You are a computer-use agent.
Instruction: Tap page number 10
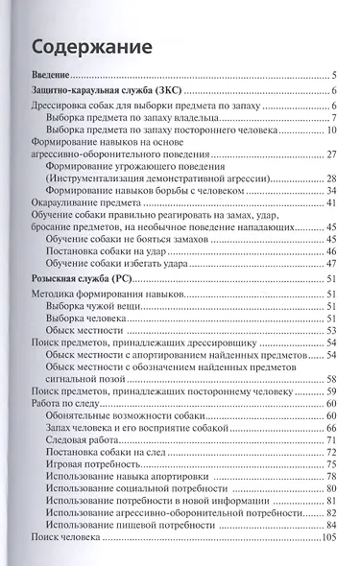click(x=328, y=130)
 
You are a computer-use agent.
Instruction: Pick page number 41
click(x=328, y=202)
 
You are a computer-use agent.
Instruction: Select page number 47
click(x=328, y=263)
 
